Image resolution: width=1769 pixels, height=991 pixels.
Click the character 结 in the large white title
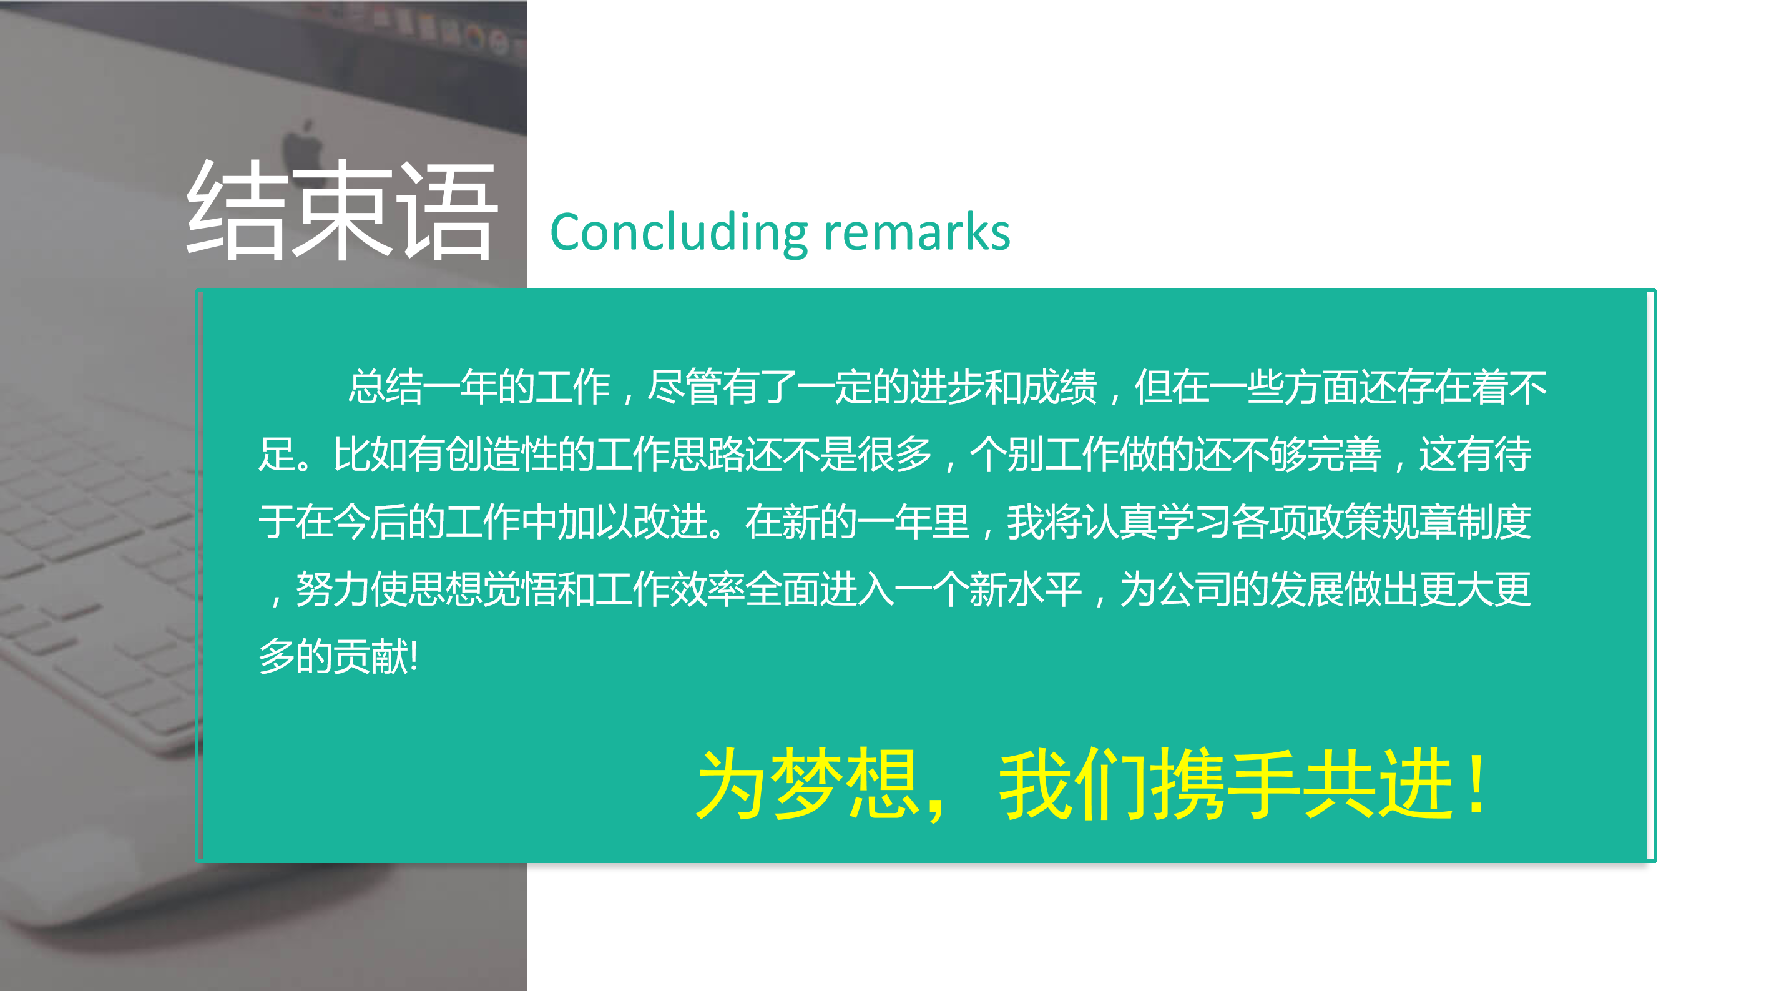[x=237, y=210]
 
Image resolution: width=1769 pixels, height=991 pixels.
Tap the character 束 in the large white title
[x=341, y=210]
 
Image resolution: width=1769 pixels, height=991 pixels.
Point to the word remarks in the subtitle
[x=917, y=232]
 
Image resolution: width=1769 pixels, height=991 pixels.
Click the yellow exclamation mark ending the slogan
[x=1476, y=784]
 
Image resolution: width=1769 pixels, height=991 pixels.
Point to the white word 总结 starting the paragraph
[x=385, y=386]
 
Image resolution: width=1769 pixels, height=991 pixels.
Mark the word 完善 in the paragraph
[x=1344, y=454]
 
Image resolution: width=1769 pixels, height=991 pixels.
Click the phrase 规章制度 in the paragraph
[x=1456, y=521]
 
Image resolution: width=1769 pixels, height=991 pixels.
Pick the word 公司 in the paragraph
[x=1194, y=589]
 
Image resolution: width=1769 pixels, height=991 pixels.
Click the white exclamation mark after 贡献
[x=413, y=656]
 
